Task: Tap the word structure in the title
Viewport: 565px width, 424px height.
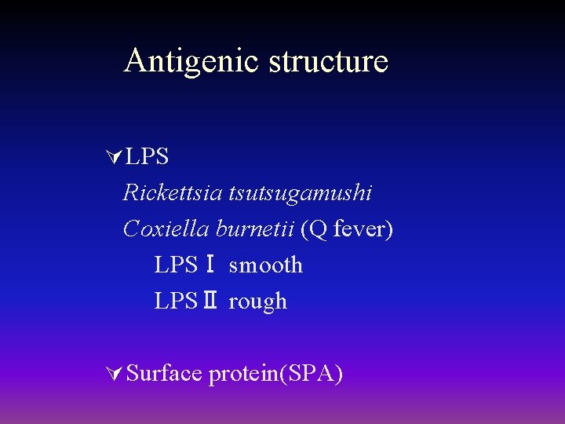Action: pos(329,61)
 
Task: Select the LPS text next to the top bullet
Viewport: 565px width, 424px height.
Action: pos(147,157)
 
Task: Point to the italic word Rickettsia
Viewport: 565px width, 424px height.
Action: pos(173,192)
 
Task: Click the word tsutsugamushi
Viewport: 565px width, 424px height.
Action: pos(301,192)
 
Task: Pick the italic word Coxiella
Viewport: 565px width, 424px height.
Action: pos(166,228)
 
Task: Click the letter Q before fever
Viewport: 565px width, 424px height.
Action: pos(316,228)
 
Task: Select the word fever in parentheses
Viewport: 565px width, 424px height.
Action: pos(360,228)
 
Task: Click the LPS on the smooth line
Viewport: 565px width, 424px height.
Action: pos(176,265)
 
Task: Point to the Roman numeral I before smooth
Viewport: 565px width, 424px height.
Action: pos(210,265)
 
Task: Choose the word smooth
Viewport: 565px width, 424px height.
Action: pos(265,265)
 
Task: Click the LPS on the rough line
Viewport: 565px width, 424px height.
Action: pos(176,302)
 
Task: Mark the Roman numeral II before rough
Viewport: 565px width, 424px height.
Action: pos(210,302)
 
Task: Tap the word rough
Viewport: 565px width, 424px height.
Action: pos(257,302)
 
